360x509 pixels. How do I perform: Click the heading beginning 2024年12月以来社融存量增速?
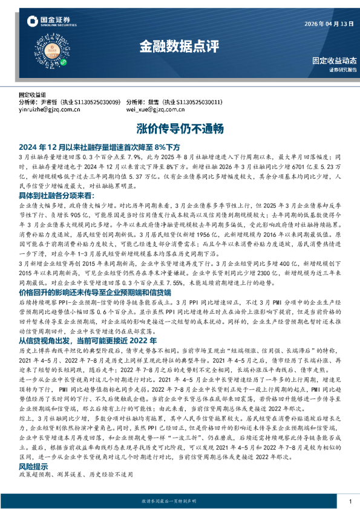tap(100, 146)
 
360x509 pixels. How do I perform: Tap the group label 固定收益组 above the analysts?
tap(33, 95)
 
